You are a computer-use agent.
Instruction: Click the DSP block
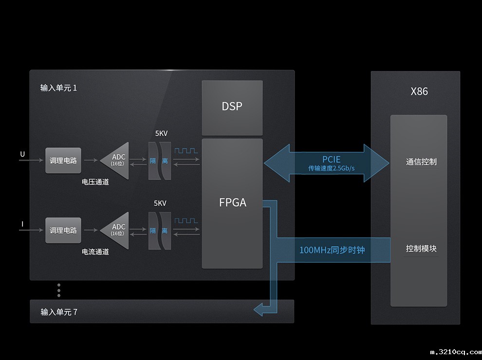click(232, 108)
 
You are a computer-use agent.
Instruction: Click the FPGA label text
click(233, 202)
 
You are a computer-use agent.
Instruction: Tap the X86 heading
click(419, 91)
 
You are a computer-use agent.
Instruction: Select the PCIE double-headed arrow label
click(332, 159)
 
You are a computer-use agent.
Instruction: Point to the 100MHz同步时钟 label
click(333, 250)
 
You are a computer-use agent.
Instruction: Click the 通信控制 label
click(421, 162)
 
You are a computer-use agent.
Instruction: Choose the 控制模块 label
click(421, 248)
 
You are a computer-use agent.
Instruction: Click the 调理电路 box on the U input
click(63, 161)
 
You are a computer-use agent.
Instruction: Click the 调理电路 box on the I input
click(63, 231)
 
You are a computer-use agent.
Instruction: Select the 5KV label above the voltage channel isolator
click(161, 133)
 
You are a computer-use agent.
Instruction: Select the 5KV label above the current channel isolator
click(160, 203)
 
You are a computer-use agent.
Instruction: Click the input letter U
click(22, 154)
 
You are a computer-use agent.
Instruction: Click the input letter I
click(22, 224)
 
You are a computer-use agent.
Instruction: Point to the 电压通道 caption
click(95, 182)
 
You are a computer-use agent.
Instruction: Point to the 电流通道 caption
click(95, 252)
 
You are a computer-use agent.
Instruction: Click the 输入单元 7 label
click(59, 312)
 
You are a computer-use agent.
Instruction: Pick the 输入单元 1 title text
click(59, 88)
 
